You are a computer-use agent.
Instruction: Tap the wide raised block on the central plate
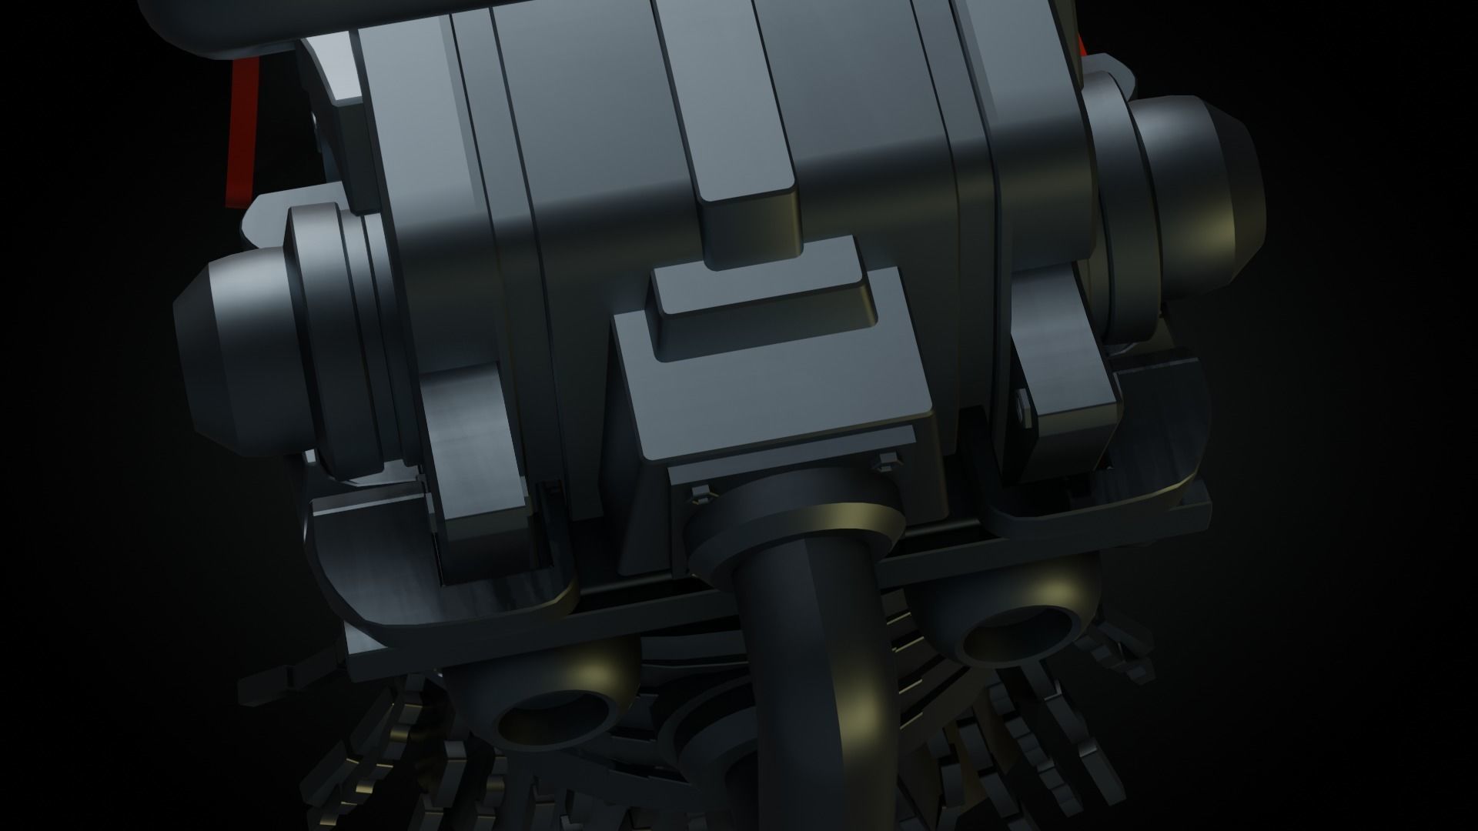click(762, 304)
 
